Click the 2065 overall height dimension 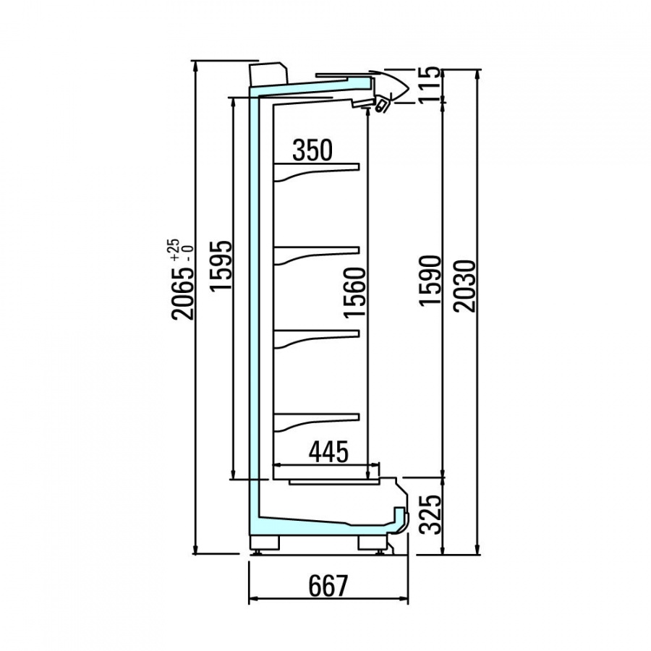pos(184,294)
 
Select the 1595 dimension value pos(221,265)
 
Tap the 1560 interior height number pos(355,293)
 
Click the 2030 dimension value pos(464,286)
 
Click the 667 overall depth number pos(328,585)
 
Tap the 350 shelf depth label pos(312,150)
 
